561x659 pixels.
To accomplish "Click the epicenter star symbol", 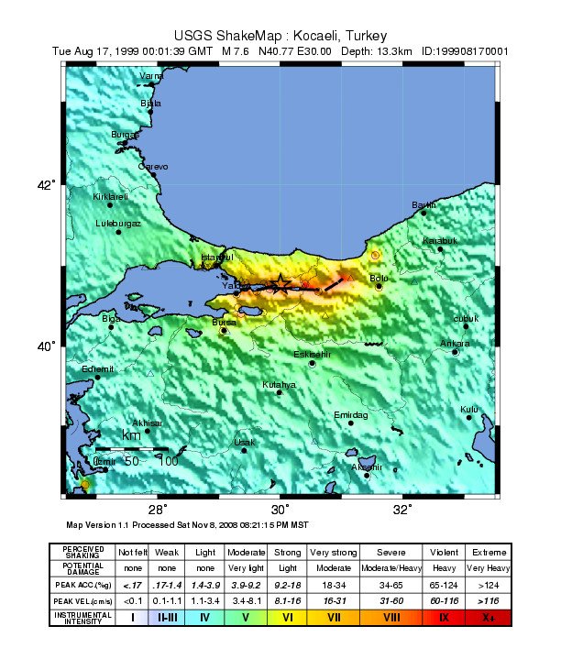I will [x=280, y=283].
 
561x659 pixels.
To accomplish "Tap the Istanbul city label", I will [x=217, y=257].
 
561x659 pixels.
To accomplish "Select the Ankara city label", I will [x=456, y=344].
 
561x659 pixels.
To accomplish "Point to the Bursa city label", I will [x=224, y=323].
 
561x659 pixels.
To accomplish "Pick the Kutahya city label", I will [x=279, y=385].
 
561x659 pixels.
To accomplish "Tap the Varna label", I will [x=151, y=75].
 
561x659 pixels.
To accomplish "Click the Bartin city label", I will [x=424, y=204].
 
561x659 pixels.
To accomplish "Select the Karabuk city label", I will [x=439, y=240].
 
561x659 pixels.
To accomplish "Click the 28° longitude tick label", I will [x=158, y=510].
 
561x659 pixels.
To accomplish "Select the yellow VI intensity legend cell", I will [x=289, y=617].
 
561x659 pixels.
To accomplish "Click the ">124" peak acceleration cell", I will [x=487, y=584].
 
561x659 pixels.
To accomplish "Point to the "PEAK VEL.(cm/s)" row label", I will [x=82, y=599].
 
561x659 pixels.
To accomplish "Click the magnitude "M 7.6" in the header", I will [x=238, y=51].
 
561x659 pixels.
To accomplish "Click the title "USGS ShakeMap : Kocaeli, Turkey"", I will [x=279, y=35].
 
